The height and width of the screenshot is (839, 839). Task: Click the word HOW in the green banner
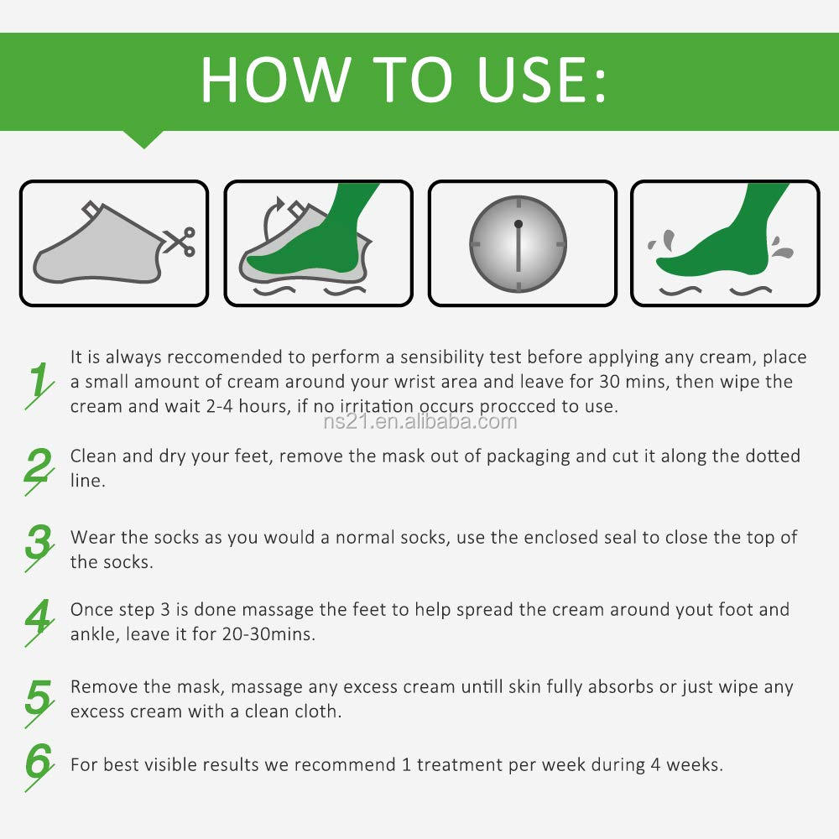[x=275, y=79]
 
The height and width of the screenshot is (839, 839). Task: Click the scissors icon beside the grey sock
[x=180, y=242]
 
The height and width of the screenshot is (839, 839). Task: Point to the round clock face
[x=518, y=244]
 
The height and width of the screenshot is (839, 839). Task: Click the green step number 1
[x=39, y=384]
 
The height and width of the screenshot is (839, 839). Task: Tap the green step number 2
[x=39, y=471]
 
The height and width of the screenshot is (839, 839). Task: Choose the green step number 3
[x=39, y=547]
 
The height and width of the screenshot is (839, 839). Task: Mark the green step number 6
[x=39, y=766]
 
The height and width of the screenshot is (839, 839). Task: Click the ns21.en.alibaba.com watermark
[x=420, y=422]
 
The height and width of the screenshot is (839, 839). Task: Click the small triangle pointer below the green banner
[x=143, y=139]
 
